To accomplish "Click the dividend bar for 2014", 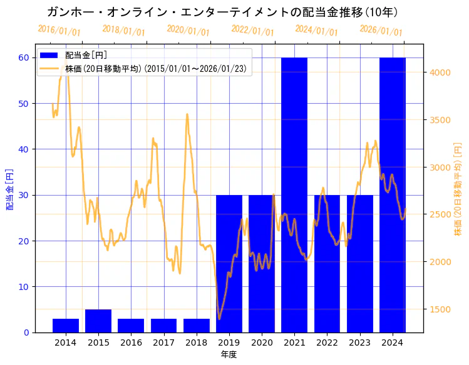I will click(x=66, y=326).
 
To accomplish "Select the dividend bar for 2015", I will click(x=98, y=321).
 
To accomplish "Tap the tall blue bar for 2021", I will click(x=294, y=194).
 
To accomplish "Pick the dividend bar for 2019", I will click(x=229, y=263).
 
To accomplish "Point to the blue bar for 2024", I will click(x=393, y=194).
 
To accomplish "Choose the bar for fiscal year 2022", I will click(x=327, y=263).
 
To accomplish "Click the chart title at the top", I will click(x=222, y=12).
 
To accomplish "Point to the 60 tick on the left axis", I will click(x=24, y=57).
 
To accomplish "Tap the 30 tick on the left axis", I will click(x=24, y=195).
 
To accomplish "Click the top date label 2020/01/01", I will click(x=188, y=31).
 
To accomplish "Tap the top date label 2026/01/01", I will click(x=381, y=31).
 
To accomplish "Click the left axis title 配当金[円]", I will click(x=10, y=189).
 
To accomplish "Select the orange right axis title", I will click(x=458, y=189).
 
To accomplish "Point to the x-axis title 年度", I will click(x=229, y=354).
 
